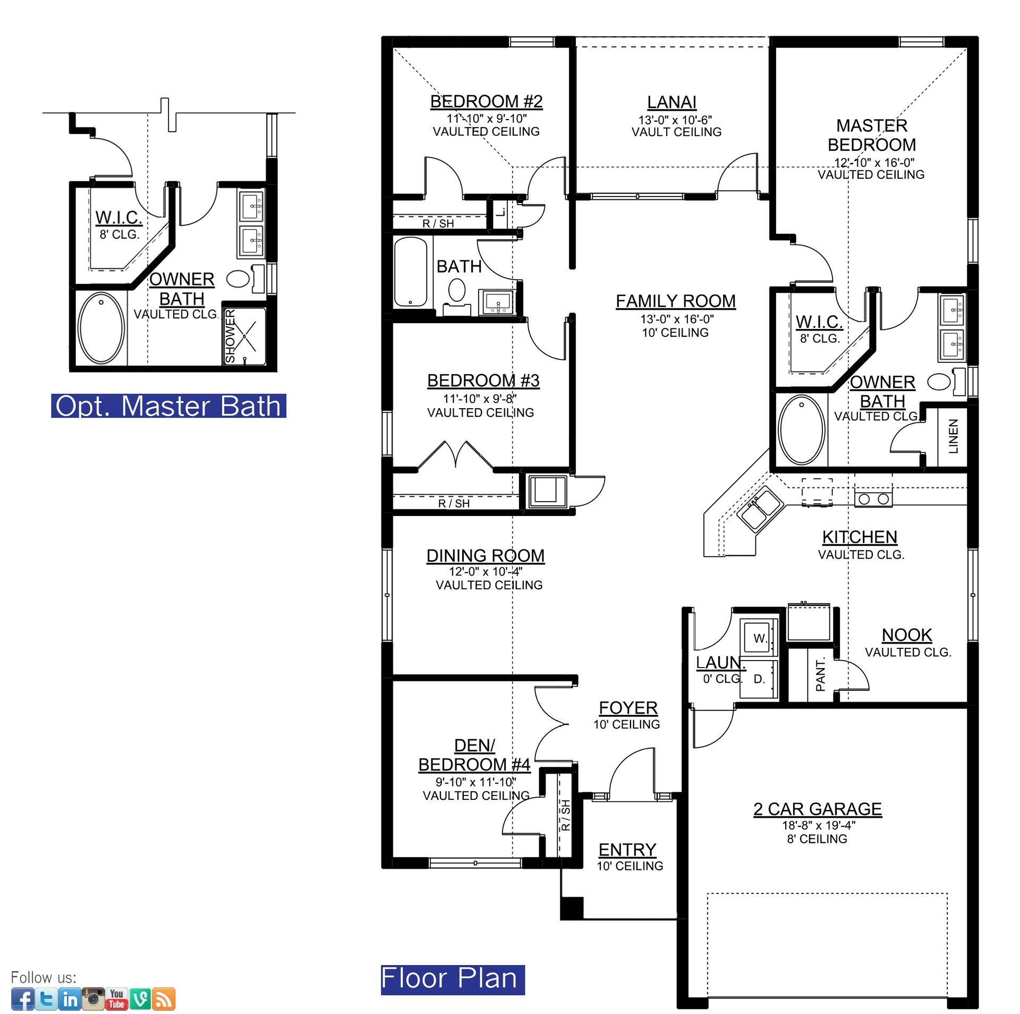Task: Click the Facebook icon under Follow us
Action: [x=22, y=999]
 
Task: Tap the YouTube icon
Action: [x=116, y=999]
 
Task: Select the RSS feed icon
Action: [x=164, y=999]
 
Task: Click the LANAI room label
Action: [x=671, y=102]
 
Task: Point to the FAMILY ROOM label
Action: [x=676, y=301]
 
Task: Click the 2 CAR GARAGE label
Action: [x=818, y=809]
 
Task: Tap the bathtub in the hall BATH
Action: [x=411, y=272]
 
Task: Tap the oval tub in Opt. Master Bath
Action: [x=101, y=327]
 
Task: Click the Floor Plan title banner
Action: [x=453, y=978]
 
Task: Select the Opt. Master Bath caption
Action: [x=168, y=406]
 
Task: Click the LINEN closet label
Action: [x=954, y=436]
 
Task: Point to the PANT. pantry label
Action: [x=820, y=674]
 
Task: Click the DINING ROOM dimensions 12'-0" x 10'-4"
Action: [x=486, y=571]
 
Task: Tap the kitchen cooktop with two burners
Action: [x=873, y=498]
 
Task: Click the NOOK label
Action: [x=907, y=635]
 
